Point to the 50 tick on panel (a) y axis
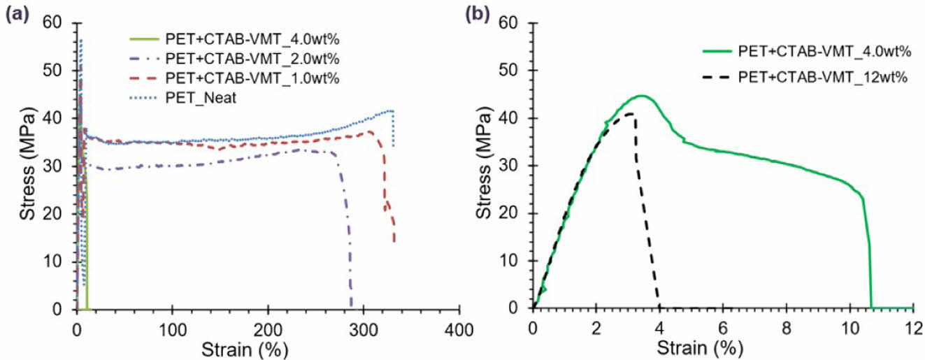click(61, 71)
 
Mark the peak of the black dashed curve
click(630, 113)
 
